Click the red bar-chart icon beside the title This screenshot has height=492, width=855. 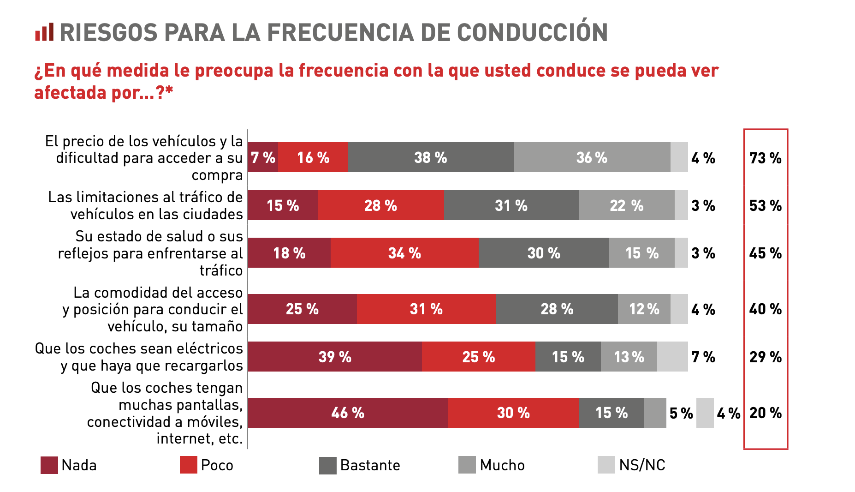[44, 32]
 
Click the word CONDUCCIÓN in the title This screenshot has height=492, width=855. [532, 32]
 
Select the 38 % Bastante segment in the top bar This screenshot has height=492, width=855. [431, 157]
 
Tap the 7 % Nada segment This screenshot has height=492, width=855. [263, 157]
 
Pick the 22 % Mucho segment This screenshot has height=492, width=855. [626, 205]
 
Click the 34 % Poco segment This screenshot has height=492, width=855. [404, 253]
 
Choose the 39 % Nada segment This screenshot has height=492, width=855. [335, 357]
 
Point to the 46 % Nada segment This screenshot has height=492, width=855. [348, 413]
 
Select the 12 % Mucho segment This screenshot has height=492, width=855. [644, 309]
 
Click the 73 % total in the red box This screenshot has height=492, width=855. [766, 158]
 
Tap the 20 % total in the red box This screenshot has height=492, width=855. [766, 413]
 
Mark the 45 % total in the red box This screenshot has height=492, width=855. [766, 253]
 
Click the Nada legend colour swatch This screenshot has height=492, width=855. [49, 465]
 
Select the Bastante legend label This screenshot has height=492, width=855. [370, 465]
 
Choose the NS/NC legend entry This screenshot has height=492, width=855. [642, 465]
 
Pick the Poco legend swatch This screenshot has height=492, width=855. [189, 465]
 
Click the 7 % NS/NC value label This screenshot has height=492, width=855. [703, 357]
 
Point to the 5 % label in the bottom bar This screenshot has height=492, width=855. [681, 413]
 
